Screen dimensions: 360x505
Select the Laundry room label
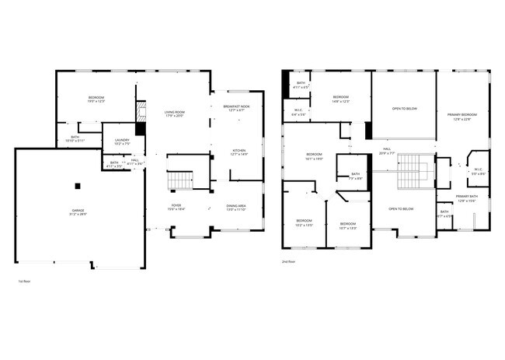pyautogui.click(x=123, y=141)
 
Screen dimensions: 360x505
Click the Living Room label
pyautogui.click(x=175, y=113)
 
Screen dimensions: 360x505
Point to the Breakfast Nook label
pyautogui.click(x=236, y=107)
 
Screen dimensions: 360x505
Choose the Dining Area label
pyautogui.click(x=236, y=207)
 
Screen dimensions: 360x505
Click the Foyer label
pyautogui.click(x=177, y=206)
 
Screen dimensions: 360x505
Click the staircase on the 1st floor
pyautogui.click(x=179, y=181)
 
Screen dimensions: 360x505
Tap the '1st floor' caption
pyautogui.click(x=24, y=281)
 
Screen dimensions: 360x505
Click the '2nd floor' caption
pyautogui.click(x=289, y=262)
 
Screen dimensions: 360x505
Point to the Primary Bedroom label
pyautogui.click(x=461, y=115)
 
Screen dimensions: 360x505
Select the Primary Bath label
pyautogui.click(x=467, y=197)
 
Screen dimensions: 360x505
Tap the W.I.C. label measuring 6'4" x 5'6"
pyautogui.click(x=298, y=110)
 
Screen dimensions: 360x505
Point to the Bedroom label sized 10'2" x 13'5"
pyautogui.click(x=304, y=222)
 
